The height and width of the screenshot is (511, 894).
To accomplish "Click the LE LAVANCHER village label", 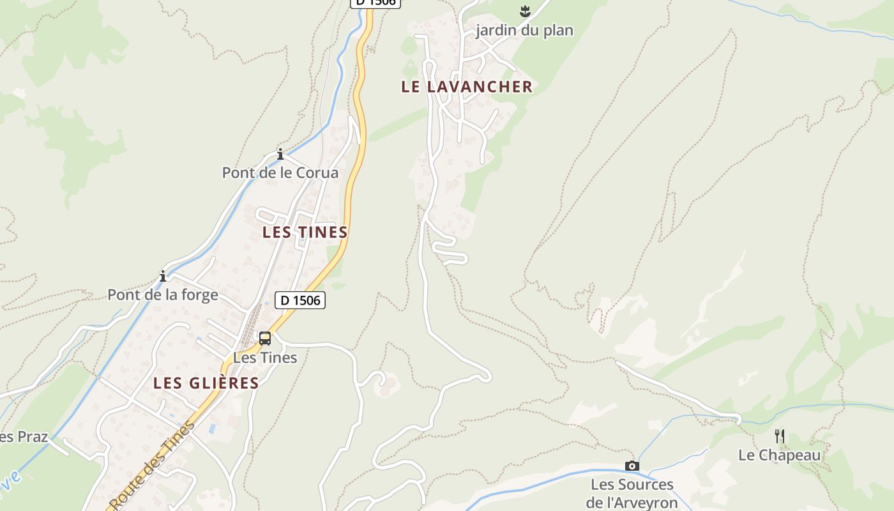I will [466, 87].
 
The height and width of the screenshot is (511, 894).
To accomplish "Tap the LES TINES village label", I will [305, 232].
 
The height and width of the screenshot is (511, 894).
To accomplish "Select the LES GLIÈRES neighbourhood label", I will [206, 383].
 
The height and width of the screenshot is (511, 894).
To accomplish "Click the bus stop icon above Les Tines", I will [264, 339].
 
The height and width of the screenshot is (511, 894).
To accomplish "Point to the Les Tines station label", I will [265, 358].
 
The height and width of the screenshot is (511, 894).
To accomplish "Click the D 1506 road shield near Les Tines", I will [300, 300].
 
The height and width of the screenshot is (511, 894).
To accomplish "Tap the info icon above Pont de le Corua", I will [280, 154].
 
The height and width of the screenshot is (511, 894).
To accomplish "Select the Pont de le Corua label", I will [280, 172].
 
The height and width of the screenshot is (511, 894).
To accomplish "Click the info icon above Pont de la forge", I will [163, 276].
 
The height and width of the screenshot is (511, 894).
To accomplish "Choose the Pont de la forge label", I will [163, 294].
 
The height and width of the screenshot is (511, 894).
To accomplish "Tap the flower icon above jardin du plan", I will [525, 11].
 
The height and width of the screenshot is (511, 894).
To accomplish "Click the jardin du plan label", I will [524, 30].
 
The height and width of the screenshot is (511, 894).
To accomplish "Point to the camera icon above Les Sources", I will [632, 466].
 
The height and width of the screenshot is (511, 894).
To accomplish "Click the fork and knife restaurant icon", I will [780, 436].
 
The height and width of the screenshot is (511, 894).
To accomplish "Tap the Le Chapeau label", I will [779, 455].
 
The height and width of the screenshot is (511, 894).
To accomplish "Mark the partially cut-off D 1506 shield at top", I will [375, 3].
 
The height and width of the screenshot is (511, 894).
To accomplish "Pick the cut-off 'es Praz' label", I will [24, 437].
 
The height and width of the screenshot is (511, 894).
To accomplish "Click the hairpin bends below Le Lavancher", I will [450, 249].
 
